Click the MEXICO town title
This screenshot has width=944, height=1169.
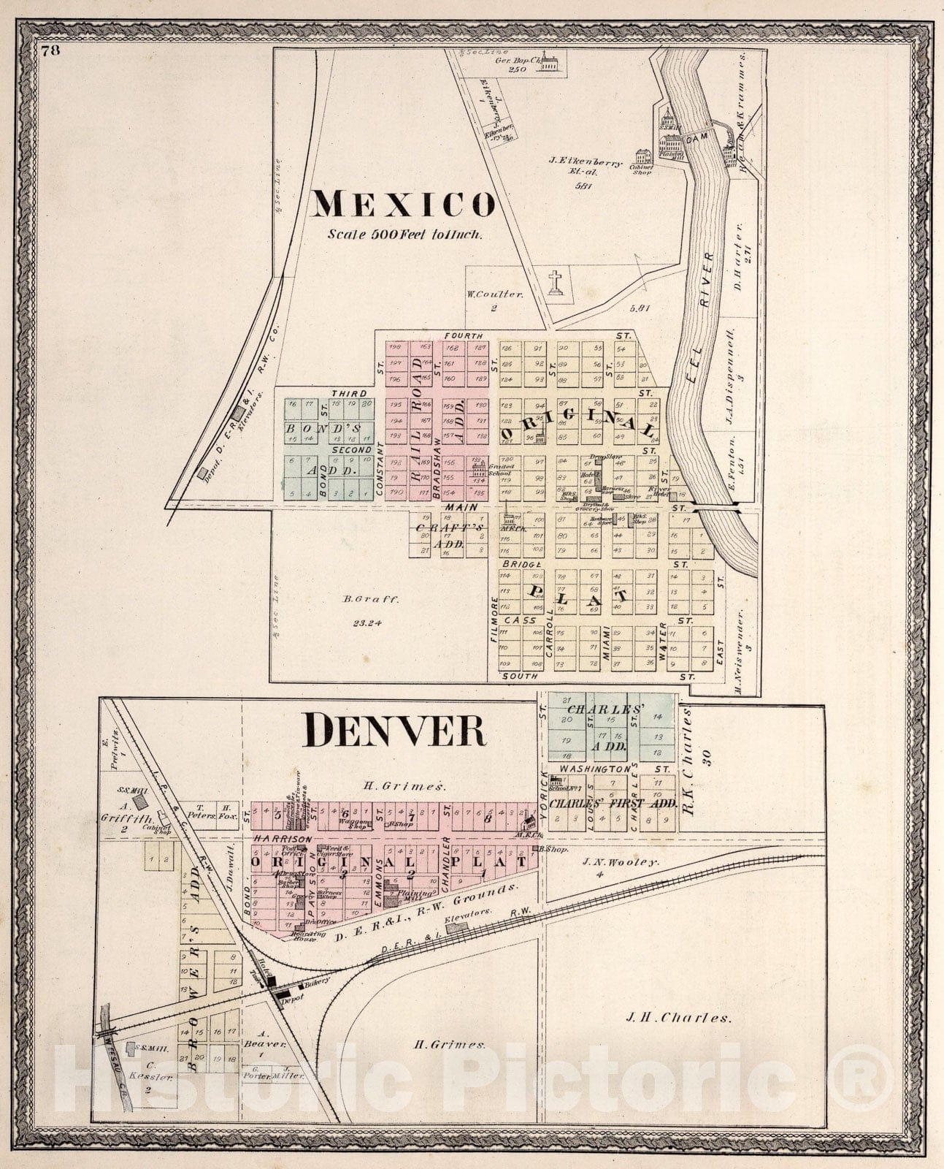click(x=403, y=205)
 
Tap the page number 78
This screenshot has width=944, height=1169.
click(x=50, y=50)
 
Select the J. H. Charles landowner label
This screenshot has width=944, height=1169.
click(x=679, y=1017)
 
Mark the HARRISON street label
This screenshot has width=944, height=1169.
click(x=283, y=839)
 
